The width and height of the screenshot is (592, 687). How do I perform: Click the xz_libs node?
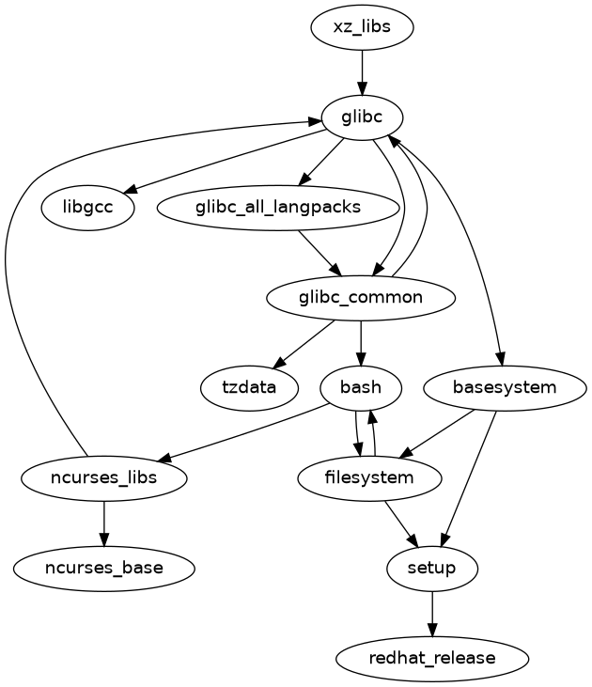[362, 28]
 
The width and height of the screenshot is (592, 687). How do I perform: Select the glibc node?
[362, 117]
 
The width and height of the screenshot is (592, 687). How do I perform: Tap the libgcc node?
[88, 208]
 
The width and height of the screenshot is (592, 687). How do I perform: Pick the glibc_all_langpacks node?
[278, 208]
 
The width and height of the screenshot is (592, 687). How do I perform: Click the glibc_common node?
[362, 298]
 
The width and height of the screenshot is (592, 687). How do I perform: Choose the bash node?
[362, 387]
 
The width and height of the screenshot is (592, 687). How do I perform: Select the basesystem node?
[505, 387]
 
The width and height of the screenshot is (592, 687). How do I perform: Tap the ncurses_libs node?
[103, 477]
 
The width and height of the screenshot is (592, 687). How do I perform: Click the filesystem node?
[369, 477]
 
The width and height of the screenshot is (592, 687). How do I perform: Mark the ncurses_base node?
[103, 568]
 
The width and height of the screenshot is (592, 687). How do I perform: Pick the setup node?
[432, 568]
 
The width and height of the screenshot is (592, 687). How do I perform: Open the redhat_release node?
[432, 658]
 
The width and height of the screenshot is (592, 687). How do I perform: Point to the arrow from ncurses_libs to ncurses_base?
[103, 523]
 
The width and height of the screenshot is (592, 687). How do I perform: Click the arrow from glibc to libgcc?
[226, 163]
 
